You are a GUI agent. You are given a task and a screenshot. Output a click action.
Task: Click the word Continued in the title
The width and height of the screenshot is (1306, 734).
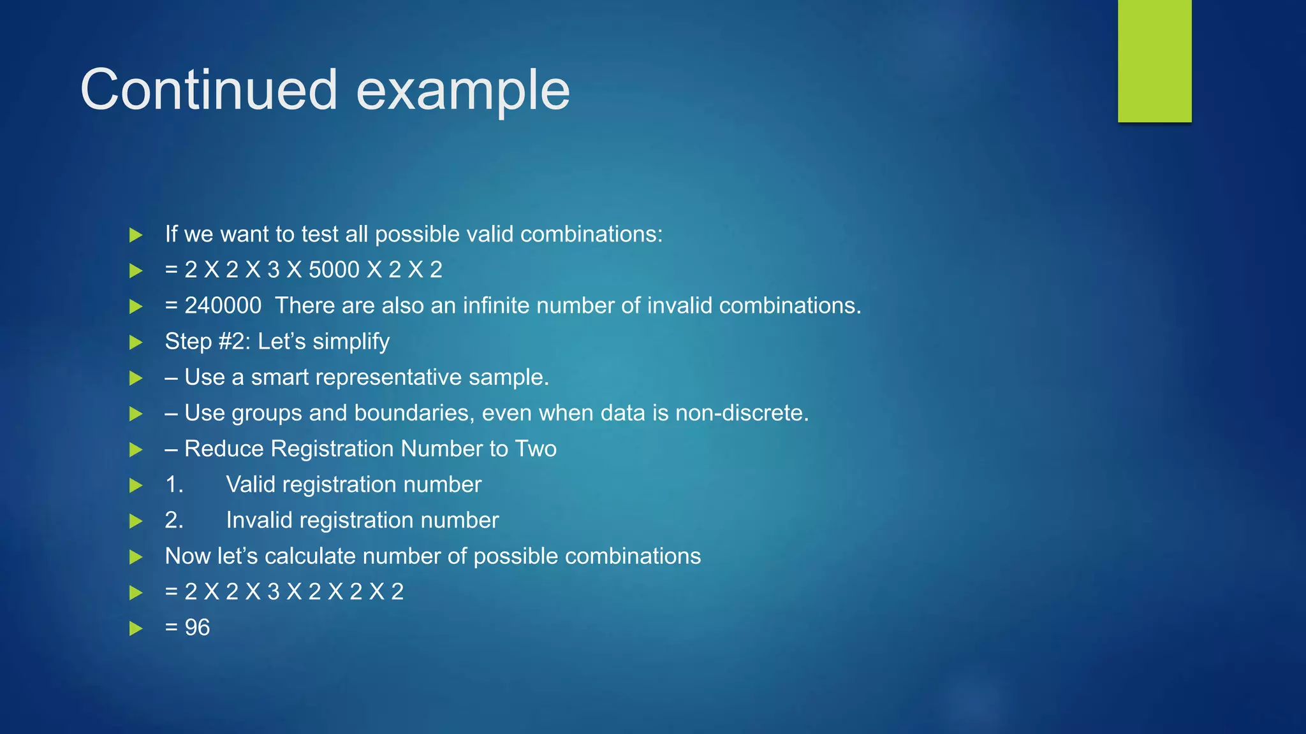(x=209, y=90)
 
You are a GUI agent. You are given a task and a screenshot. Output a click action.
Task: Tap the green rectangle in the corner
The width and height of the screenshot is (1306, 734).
(x=1154, y=61)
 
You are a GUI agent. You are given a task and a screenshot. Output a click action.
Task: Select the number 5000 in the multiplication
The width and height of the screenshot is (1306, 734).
(x=334, y=270)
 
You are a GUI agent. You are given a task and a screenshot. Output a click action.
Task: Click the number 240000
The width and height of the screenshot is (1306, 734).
(x=223, y=306)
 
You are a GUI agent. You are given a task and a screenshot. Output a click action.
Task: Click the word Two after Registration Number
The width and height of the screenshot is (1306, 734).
(x=536, y=449)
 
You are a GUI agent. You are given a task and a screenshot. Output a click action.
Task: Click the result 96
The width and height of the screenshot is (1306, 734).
(x=197, y=628)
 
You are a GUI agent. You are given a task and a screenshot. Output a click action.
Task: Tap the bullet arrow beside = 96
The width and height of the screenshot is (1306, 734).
(x=135, y=628)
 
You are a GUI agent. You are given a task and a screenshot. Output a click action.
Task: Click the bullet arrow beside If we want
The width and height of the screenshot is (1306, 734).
(x=135, y=234)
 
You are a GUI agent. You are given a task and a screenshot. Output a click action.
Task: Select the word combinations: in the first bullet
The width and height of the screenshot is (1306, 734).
(x=591, y=234)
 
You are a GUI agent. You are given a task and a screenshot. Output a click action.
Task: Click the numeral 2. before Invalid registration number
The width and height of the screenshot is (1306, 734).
(x=174, y=520)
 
